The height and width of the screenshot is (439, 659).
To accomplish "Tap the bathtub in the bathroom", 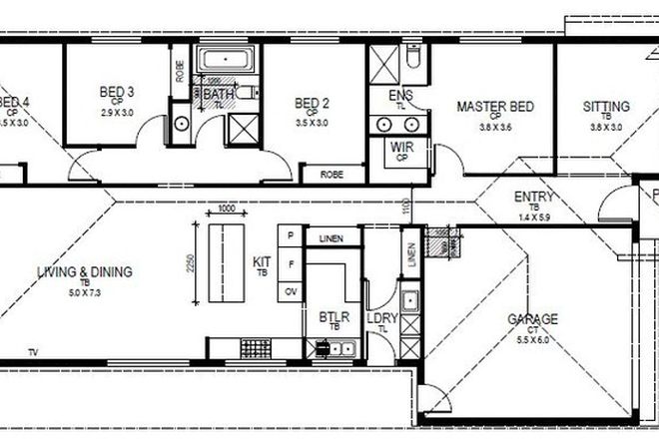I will point(228,61).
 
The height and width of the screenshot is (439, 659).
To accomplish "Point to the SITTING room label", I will point(607,106).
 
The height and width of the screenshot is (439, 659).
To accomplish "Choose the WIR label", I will point(401,148).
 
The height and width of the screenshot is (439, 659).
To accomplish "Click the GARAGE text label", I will point(532,319).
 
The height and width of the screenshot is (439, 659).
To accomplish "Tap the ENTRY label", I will point(534,197).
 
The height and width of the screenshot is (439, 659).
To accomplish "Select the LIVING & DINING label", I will point(86,271).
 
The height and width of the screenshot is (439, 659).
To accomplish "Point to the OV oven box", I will point(291,291).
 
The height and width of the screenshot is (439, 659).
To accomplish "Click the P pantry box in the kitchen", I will point(291,235).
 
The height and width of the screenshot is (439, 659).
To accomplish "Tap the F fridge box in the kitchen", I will point(291,264).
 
